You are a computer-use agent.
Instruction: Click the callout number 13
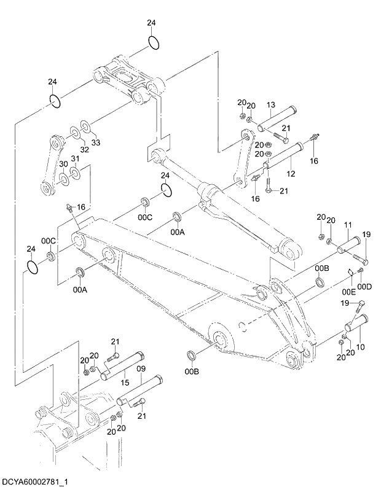271,105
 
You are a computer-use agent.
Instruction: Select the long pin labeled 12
285,155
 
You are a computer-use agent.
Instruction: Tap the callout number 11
347,226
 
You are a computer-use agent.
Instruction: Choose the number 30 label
63,165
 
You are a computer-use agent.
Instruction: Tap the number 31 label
75,159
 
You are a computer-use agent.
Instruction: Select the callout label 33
95,142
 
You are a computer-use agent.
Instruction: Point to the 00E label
348,291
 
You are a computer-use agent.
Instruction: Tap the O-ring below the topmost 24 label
154,44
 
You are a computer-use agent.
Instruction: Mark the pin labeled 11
350,244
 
